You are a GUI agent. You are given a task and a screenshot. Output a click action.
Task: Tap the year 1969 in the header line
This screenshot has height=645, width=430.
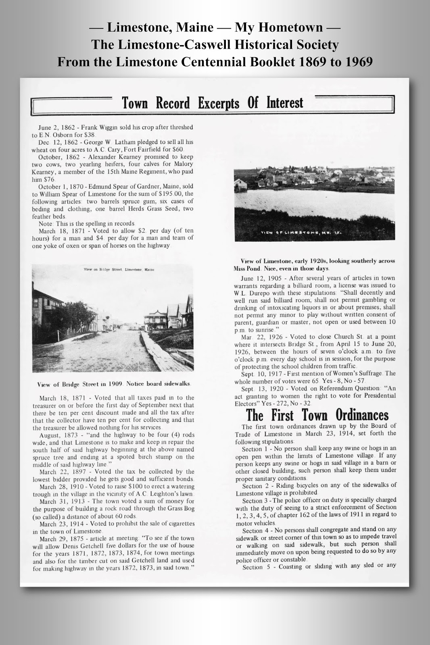tap(358, 62)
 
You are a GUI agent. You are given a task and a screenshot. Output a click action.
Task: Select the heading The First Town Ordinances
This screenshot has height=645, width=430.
tap(317, 415)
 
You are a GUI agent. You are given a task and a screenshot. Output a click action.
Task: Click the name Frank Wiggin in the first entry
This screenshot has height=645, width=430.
tap(97, 127)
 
